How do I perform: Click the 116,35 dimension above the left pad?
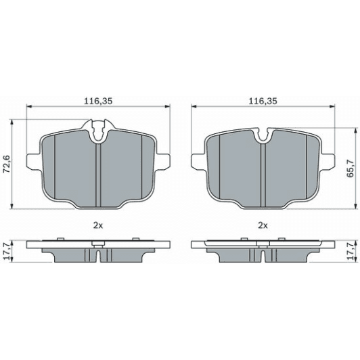[98, 101]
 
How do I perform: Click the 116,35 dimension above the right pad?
[263, 101]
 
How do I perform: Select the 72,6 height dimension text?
[6, 164]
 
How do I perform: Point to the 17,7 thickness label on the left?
[6, 252]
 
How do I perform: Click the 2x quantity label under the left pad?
[98, 226]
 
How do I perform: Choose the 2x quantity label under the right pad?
[263, 226]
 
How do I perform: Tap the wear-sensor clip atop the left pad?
[98, 130]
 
